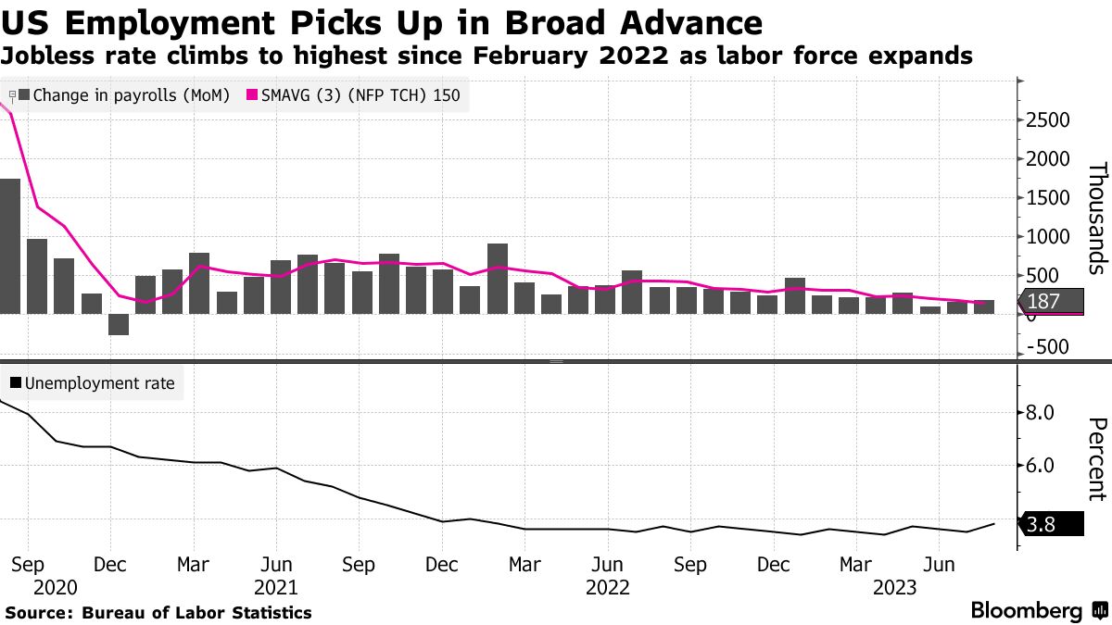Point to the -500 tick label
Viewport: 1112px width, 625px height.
pos(1047,346)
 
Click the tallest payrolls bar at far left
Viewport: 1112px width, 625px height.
pos(9,245)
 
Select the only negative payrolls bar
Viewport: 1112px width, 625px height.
pos(118,324)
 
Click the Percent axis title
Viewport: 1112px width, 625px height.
pos(1097,459)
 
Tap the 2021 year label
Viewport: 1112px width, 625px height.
pos(275,588)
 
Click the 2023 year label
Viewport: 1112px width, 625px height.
pos(896,588)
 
